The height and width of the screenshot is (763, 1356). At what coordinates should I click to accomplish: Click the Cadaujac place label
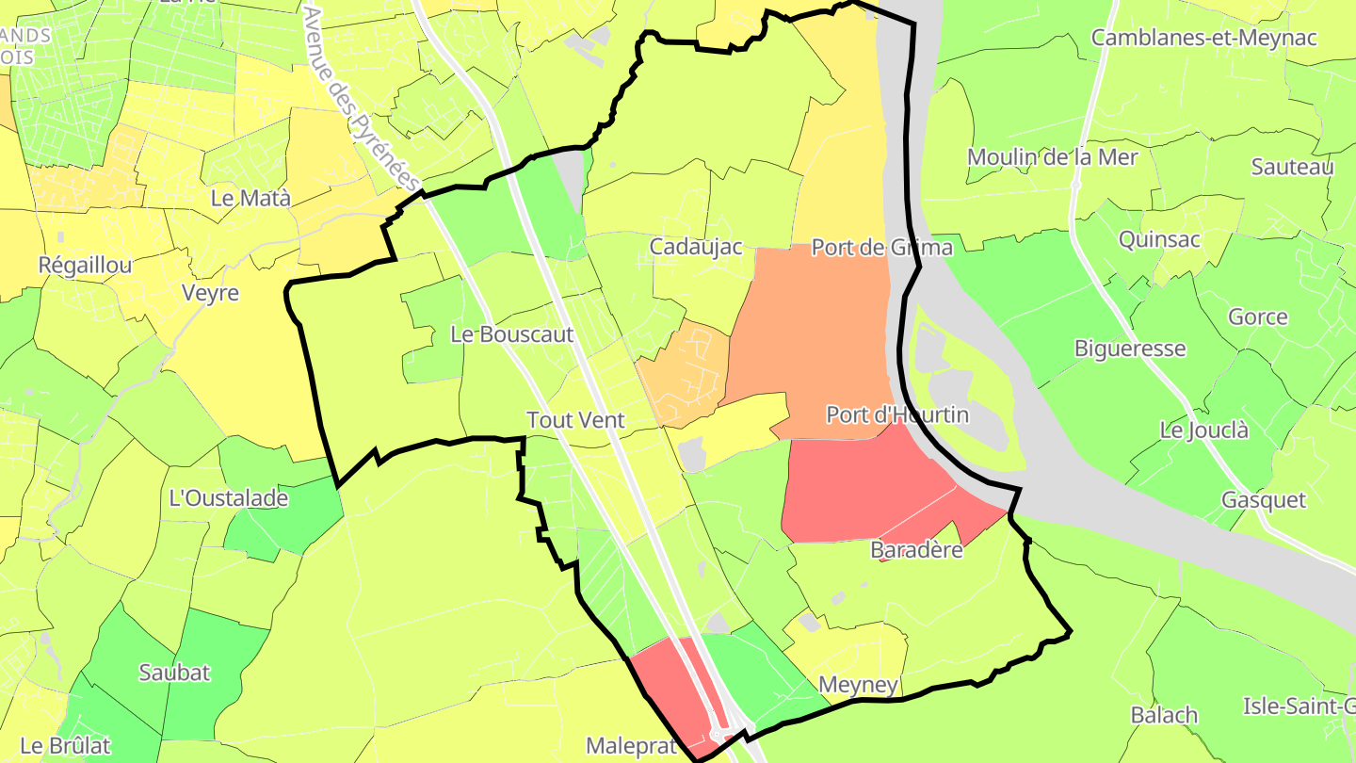tap(696, 247)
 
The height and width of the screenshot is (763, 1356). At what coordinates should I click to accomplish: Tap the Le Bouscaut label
tap(511, 334)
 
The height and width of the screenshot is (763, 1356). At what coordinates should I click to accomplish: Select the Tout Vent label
tap(575, 420)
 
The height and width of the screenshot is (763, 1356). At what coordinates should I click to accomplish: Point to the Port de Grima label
tap(881, 248)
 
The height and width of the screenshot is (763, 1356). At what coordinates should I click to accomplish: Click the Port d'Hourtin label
tap(896, 414)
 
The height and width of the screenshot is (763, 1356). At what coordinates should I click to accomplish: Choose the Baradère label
tap(916, 550)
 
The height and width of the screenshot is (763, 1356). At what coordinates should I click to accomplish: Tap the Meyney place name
tap(858, 685)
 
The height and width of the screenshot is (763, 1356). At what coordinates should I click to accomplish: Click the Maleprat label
tap(631, 746)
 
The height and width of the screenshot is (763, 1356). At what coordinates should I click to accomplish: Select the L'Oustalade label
tap(228, 498)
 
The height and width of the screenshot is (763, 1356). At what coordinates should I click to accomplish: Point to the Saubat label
tap(174, 673)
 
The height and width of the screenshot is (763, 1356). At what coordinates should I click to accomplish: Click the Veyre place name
tap(210, 293)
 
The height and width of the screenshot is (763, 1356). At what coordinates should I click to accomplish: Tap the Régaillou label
tap(85, 266)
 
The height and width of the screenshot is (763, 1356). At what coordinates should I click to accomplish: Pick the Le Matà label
tap(250, 199)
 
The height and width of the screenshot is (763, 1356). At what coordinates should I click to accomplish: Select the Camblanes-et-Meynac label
tap(1203, 38)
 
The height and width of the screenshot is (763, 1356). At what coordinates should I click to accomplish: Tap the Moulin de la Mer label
tap(1052, 157)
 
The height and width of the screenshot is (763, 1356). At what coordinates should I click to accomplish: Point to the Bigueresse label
tap(1130, 349)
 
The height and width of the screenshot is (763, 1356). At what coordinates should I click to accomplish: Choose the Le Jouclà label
tap(1203, 430)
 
